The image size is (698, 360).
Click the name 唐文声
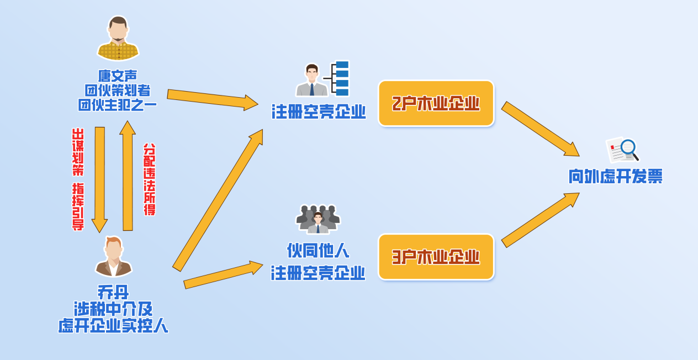(118, 75)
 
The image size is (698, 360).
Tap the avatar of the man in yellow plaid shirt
(118, 39)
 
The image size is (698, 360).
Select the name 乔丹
(113, 292)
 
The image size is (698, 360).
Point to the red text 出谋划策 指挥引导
(78, 179)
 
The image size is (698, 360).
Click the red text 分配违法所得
(150, 179)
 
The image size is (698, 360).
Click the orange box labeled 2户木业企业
(436, 103)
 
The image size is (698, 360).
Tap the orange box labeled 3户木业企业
(436, 257)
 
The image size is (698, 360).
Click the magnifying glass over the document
(628, 148)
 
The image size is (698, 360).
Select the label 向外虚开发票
(615, 177)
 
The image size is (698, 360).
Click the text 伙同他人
(318, 251)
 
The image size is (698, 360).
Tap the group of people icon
(318, 219)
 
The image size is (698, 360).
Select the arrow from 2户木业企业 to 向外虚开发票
(540, 128)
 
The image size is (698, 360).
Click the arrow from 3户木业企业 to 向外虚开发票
(540, 220)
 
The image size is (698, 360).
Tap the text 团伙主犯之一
(118, 104)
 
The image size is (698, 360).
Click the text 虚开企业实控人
(113, 326)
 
